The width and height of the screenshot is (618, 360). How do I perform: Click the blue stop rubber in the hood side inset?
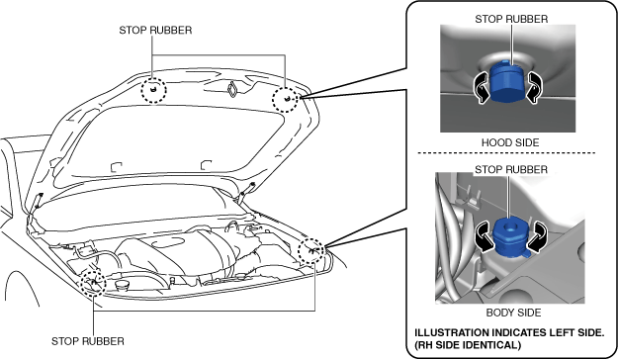507,82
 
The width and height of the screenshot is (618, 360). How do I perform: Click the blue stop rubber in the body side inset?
511,237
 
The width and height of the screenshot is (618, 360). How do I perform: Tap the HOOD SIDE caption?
510,142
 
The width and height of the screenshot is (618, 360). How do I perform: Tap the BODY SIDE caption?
513,313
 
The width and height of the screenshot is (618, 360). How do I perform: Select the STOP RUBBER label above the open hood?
155,31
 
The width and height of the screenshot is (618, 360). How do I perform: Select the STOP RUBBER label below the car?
87,341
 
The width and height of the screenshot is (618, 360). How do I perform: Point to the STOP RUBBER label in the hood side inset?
511,19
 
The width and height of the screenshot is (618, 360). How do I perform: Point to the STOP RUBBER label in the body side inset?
511,169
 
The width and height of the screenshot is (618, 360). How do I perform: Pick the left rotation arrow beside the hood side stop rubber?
482,88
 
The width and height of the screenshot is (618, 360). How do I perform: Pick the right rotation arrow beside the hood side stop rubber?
533,88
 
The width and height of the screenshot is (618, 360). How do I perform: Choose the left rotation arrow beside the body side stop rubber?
485,236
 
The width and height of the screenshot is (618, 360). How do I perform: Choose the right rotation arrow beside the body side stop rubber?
538,236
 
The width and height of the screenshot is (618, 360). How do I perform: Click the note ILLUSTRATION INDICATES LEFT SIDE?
509,332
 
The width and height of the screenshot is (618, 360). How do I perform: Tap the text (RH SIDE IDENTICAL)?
468,345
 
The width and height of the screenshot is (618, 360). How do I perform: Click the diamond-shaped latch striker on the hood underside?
232,89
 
